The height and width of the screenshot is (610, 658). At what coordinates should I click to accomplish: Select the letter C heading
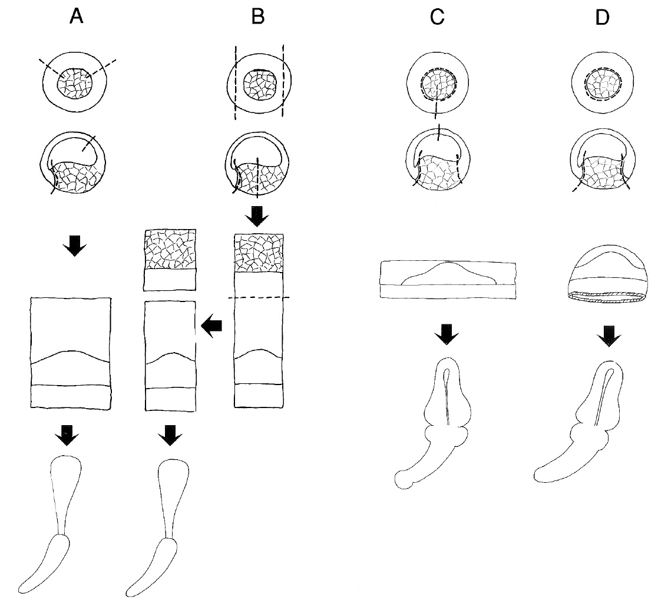(437, 18)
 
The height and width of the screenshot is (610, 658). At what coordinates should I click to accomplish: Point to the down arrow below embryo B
(257, 217)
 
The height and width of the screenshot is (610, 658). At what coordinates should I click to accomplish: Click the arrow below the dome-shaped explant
(607, 336)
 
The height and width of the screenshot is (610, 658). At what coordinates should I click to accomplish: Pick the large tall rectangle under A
(70, 352)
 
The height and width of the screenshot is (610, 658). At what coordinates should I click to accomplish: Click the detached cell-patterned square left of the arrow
(170, 260)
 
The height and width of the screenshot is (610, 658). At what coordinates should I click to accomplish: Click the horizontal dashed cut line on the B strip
(259, 298)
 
